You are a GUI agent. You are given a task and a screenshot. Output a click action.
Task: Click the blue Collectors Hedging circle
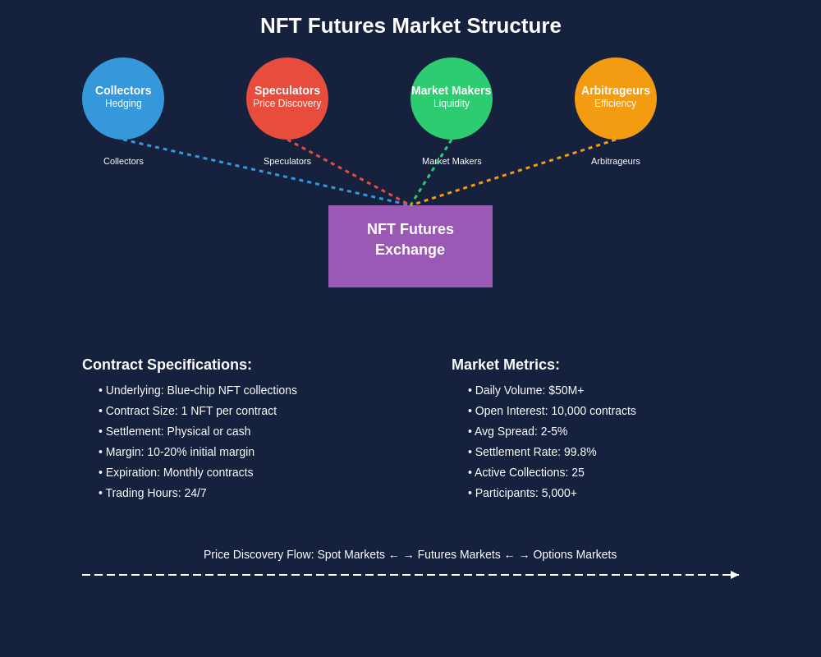[123, 99]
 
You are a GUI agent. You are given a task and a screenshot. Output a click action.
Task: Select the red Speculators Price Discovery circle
[287, 99]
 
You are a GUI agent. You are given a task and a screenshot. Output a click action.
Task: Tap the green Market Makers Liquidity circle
[452, 99]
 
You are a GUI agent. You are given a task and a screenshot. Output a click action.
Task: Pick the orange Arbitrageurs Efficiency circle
[616, 99]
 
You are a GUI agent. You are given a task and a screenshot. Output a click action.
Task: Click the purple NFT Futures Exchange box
[410, 246]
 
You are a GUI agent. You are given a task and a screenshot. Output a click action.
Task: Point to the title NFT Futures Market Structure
[410, 25]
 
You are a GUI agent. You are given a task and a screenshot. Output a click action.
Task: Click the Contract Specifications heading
[167, 365]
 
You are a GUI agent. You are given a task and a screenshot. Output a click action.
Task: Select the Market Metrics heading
[506, 365]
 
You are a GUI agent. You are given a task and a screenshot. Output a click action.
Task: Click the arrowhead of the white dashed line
[735, 575]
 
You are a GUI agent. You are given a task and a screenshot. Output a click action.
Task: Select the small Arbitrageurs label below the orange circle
[616, 161]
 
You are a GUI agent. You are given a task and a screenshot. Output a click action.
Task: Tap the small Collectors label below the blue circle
[123, 161]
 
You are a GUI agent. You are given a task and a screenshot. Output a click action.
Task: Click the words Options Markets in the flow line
[575, 554]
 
